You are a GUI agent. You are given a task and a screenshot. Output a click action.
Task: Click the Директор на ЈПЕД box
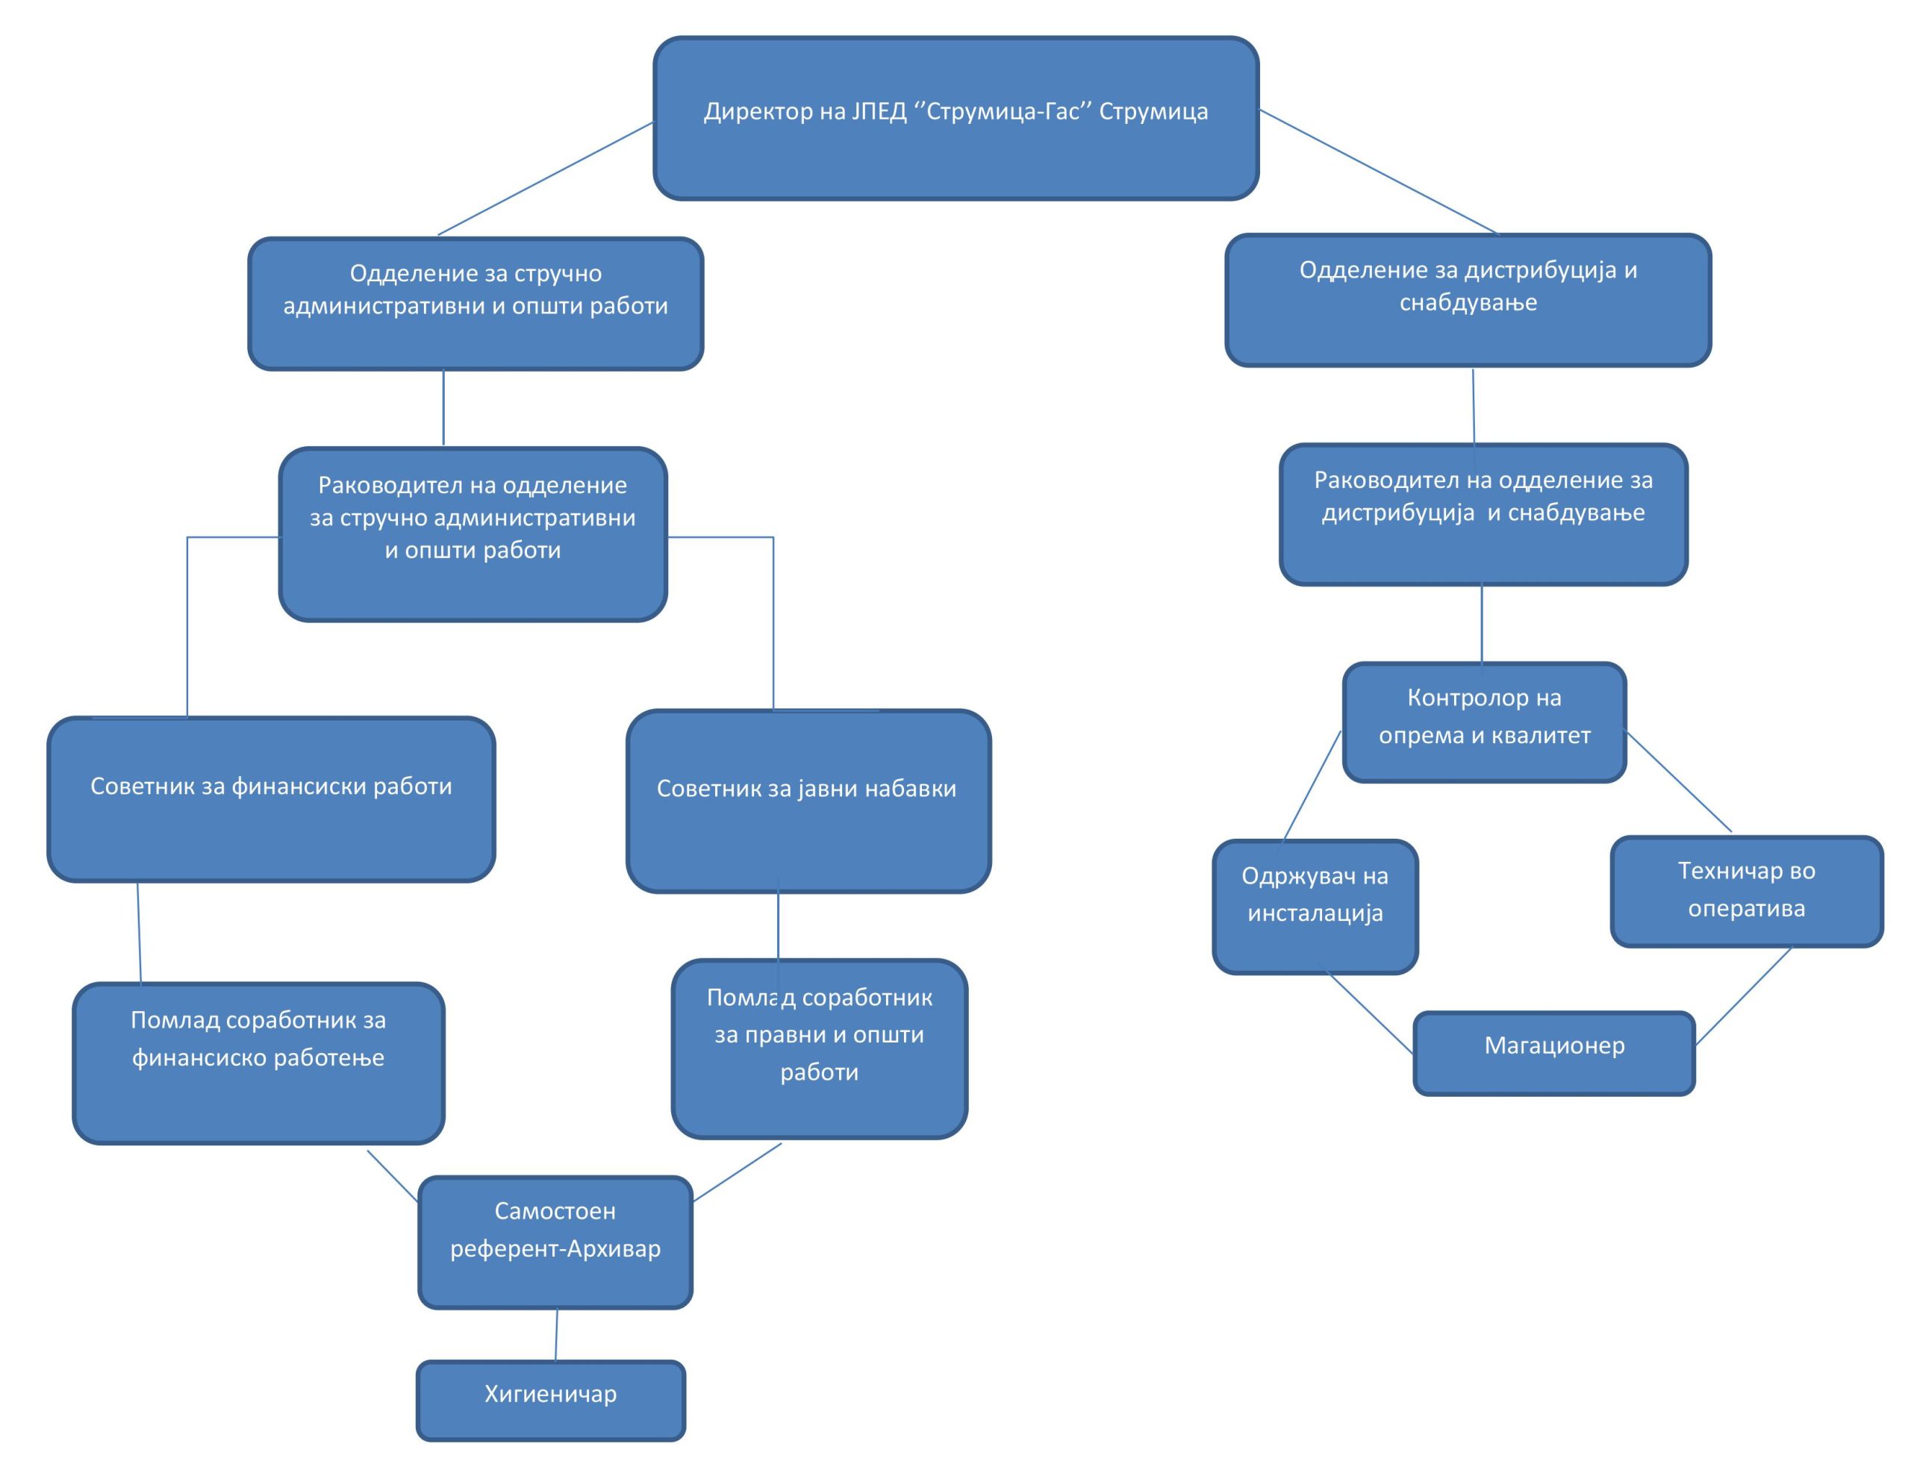[955, 118]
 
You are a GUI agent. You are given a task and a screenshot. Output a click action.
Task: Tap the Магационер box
[1554, 1053]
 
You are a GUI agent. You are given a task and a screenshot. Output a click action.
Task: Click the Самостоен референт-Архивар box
[555, 1242]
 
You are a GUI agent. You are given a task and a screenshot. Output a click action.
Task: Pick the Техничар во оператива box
[1747, 891]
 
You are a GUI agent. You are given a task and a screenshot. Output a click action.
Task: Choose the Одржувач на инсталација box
[1315, 907]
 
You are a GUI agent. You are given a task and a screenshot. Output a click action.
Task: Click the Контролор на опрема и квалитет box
[1484, 722]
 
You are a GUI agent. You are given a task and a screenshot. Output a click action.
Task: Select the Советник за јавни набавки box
[808, 801]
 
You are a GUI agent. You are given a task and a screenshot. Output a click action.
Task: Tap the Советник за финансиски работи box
[271, 798]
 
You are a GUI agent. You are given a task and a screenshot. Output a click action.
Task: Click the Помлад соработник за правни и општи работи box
[819, 1048]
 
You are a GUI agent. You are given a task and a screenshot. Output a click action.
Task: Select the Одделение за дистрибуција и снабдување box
[1468, 299]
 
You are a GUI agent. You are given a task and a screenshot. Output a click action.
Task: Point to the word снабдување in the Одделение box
[1468, 303]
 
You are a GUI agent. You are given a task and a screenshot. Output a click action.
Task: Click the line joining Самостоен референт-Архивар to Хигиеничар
[556, 1334]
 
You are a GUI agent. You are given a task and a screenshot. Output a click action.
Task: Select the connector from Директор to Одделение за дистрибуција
[1378, 172]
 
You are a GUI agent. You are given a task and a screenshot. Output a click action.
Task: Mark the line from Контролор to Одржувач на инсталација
[1312, 786]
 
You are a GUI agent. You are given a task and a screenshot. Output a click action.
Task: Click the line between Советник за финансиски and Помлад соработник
[139, 932]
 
